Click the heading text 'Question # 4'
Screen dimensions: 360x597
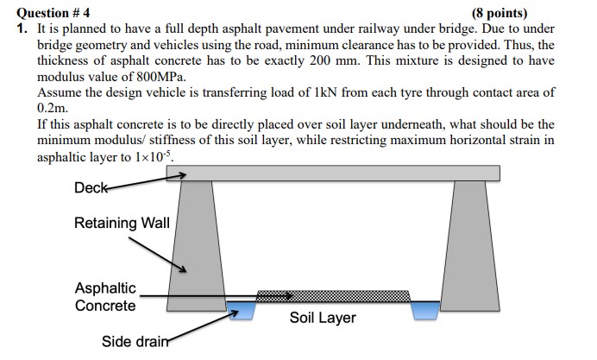pyautogui.click(x=53, y=12)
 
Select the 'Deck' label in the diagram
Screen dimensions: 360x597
pyautogui.click(x=89, y=187)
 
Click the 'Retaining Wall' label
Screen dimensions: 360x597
pyautogui.click(x=117, y=224)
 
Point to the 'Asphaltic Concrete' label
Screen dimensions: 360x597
pyautogui.click(x=105, y=297)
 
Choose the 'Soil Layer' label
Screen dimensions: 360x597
pyautogui.click(x=323, y=318)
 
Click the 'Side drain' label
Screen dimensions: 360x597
pyautogui.click(x=129, y=341)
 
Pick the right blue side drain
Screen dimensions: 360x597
pyautogui.click(x=424, y=309)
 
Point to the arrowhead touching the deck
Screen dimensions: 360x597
pyautogui.click(x=181, y=175)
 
